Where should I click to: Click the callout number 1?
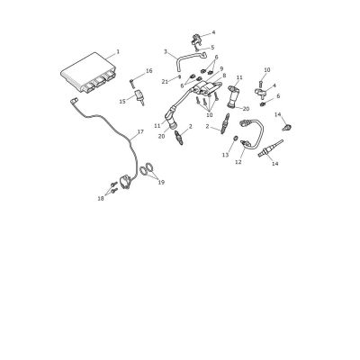tap(118, 51)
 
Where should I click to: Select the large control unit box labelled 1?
tap(88, 73)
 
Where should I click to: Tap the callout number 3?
tap(166, 51)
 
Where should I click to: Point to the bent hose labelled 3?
tap(187, 60)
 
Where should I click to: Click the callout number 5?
tap(212, 47)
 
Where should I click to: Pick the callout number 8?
tap(224, 76)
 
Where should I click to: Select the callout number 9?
tap(221, 68)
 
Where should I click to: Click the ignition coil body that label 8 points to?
tap(207, 88)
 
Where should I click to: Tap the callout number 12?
tap(238, 162)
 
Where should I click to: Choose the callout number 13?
tap(225, 155)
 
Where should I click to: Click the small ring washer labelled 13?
tap(236, 139)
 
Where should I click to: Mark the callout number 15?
tap(122, 102)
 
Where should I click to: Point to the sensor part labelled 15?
tap(140, 96)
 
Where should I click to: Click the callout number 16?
tap(149, 71)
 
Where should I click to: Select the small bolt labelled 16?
tap(132, 82)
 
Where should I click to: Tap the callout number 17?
tap(140, 131)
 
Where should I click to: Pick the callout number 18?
tap(101, 198)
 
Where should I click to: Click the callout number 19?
tap(161, 182)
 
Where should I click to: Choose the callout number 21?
tap(165, 81)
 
